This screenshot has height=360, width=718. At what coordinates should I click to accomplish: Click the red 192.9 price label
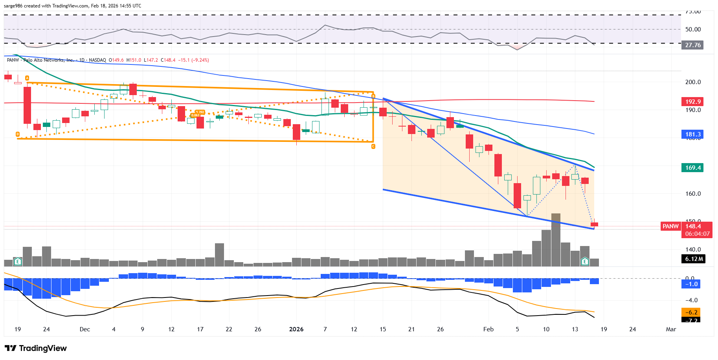(692, 102)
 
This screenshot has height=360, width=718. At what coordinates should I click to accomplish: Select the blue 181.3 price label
(692, 134)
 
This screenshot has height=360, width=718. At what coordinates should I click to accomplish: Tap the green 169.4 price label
(692, 168)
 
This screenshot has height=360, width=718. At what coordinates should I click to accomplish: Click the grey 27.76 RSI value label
(692, 45)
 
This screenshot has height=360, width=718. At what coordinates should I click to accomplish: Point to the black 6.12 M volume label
(694, 259)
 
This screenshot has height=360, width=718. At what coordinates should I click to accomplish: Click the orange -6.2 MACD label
(691, 312)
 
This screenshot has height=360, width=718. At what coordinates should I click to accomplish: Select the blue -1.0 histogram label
(691, 284)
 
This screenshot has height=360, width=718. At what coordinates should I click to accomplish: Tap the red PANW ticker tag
(670, 226)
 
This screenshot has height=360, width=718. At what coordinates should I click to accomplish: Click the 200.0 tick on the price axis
(693, 82)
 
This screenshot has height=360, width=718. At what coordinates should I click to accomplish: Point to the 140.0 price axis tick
(693, 250)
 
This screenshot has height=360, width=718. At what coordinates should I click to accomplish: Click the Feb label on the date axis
(488, 329)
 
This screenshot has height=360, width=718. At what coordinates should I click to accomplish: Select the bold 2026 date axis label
(296, 329)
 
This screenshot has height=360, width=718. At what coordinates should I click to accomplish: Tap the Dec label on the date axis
(85, 329)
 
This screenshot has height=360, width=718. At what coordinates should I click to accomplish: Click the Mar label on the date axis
(671, 329)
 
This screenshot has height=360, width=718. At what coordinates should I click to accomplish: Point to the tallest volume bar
(556, 240)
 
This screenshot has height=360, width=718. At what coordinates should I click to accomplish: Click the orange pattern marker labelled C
(373, 147)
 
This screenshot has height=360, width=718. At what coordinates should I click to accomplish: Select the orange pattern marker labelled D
(18, 134)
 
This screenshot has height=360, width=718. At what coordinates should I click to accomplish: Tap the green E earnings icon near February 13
(585, 261)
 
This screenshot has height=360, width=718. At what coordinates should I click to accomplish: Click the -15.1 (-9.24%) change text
(193, 60)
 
